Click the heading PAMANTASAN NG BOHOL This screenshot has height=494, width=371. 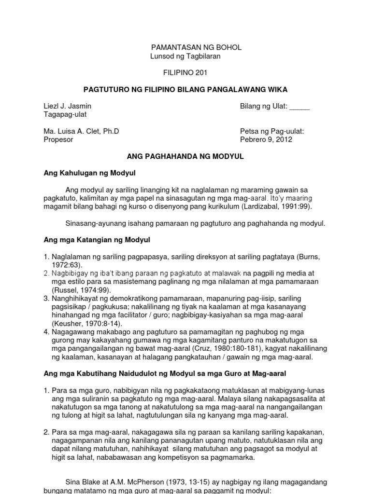click(x=197, y=47)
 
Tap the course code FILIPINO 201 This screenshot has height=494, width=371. click(x=185, y=72)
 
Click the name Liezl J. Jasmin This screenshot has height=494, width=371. click(x=67, y=106)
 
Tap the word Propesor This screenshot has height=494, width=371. click(x=58, y=139)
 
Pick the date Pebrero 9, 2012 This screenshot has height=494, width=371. click(x=266, y=139)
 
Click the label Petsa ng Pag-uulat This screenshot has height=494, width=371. click(x=272, y=131)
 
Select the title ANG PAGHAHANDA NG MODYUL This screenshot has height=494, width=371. click(x=185, y=156)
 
